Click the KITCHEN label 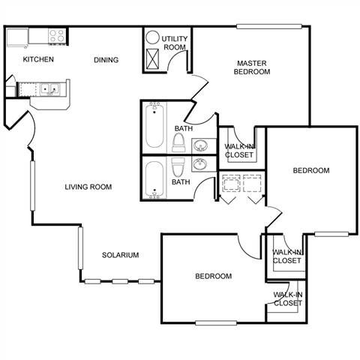click(x=38, y=59)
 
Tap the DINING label click(x=106, y=60)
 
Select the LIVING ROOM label click(x=88, y=187)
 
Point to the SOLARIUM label click(x=120, y=255)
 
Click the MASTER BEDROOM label click(x=252, y=67)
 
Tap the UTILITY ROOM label click(x=175, y=43)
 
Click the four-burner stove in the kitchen click(x=57, y=36)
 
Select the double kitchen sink click(x=50, y=89)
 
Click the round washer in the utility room click(x=152, y=37)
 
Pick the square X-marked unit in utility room click(x=152, y=58)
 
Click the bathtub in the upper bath click(x=154, y=126)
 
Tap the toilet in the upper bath click(x=178, y=142)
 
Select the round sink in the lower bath click(x=199, y=164)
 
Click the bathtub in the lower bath click(x=154, y=178)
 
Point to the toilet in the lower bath click(x=178, y=167)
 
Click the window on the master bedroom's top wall click(x=269, y=26)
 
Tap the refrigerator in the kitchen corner click(x=17, y=37)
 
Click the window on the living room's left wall click(x=33, y=186)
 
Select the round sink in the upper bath click(x=201, y=145)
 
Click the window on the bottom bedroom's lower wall click(x=216, y=323)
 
